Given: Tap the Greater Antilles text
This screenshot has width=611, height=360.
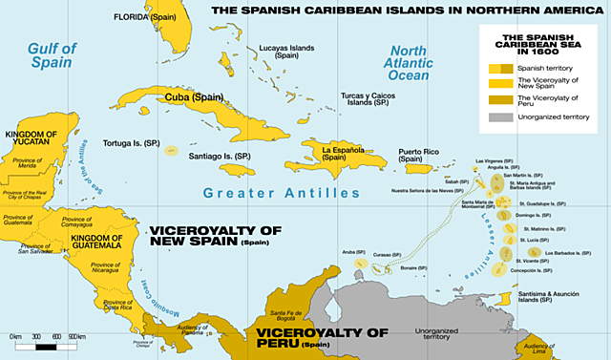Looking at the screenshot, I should tap(281, 193).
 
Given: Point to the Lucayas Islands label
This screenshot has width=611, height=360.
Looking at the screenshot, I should tap(286, 52).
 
